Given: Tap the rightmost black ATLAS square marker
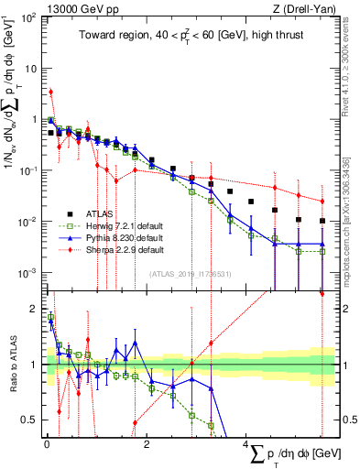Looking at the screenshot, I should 322,221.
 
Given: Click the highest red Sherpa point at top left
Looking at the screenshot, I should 51,92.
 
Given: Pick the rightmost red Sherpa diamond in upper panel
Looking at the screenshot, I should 322,202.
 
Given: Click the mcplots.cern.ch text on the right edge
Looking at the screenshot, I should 352,229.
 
